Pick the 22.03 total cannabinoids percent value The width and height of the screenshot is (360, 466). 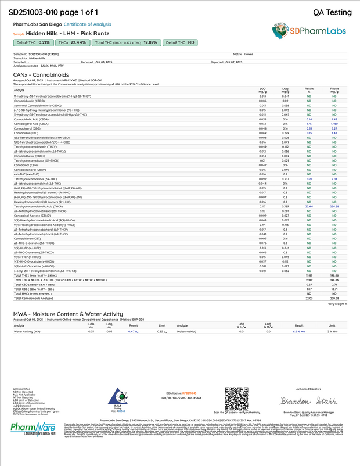tap(309, 298)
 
